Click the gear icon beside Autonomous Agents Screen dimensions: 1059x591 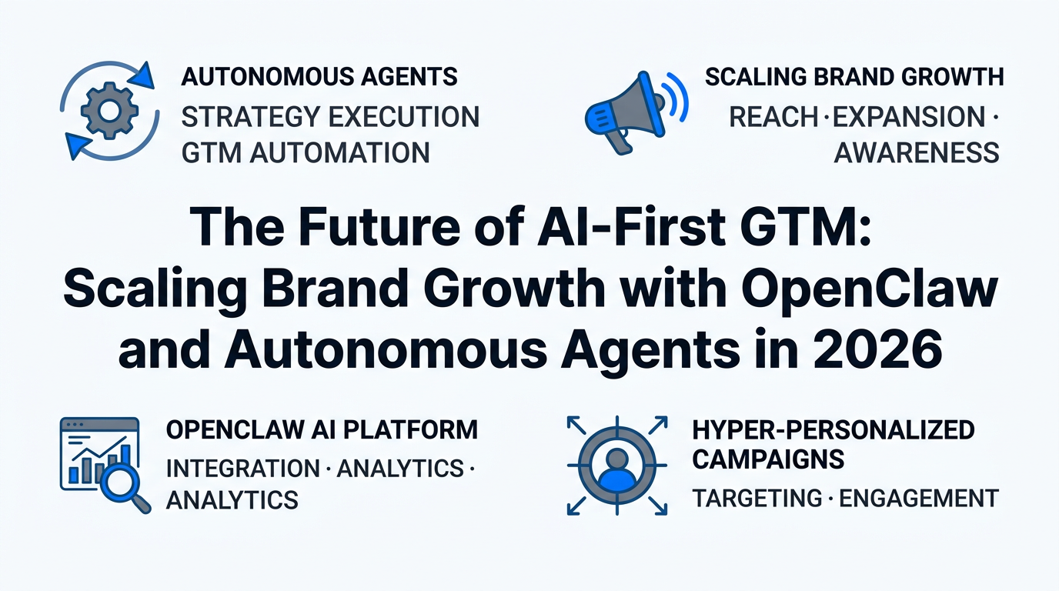[110, 111]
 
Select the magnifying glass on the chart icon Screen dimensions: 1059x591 [122, 486]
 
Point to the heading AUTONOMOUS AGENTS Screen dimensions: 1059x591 [319, 77]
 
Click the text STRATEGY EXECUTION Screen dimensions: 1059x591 [330, 117]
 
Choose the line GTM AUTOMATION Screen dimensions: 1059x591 [306, 152]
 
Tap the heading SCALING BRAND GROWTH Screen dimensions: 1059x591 [854, 77]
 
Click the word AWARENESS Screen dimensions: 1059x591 [917, 152]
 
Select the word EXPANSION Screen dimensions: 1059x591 [909, 117]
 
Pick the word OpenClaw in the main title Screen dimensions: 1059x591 [869, 289]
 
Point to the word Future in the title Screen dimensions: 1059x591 [379, 226]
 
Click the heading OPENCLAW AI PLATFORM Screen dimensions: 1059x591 [322, 429]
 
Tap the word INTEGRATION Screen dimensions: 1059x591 [243, 469]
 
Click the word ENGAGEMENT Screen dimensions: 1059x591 [919, 498]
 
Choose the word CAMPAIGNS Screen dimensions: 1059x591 [768, 459]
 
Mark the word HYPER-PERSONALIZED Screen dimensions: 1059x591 [834, 429]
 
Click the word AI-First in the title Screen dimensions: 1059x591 [631, 226]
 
